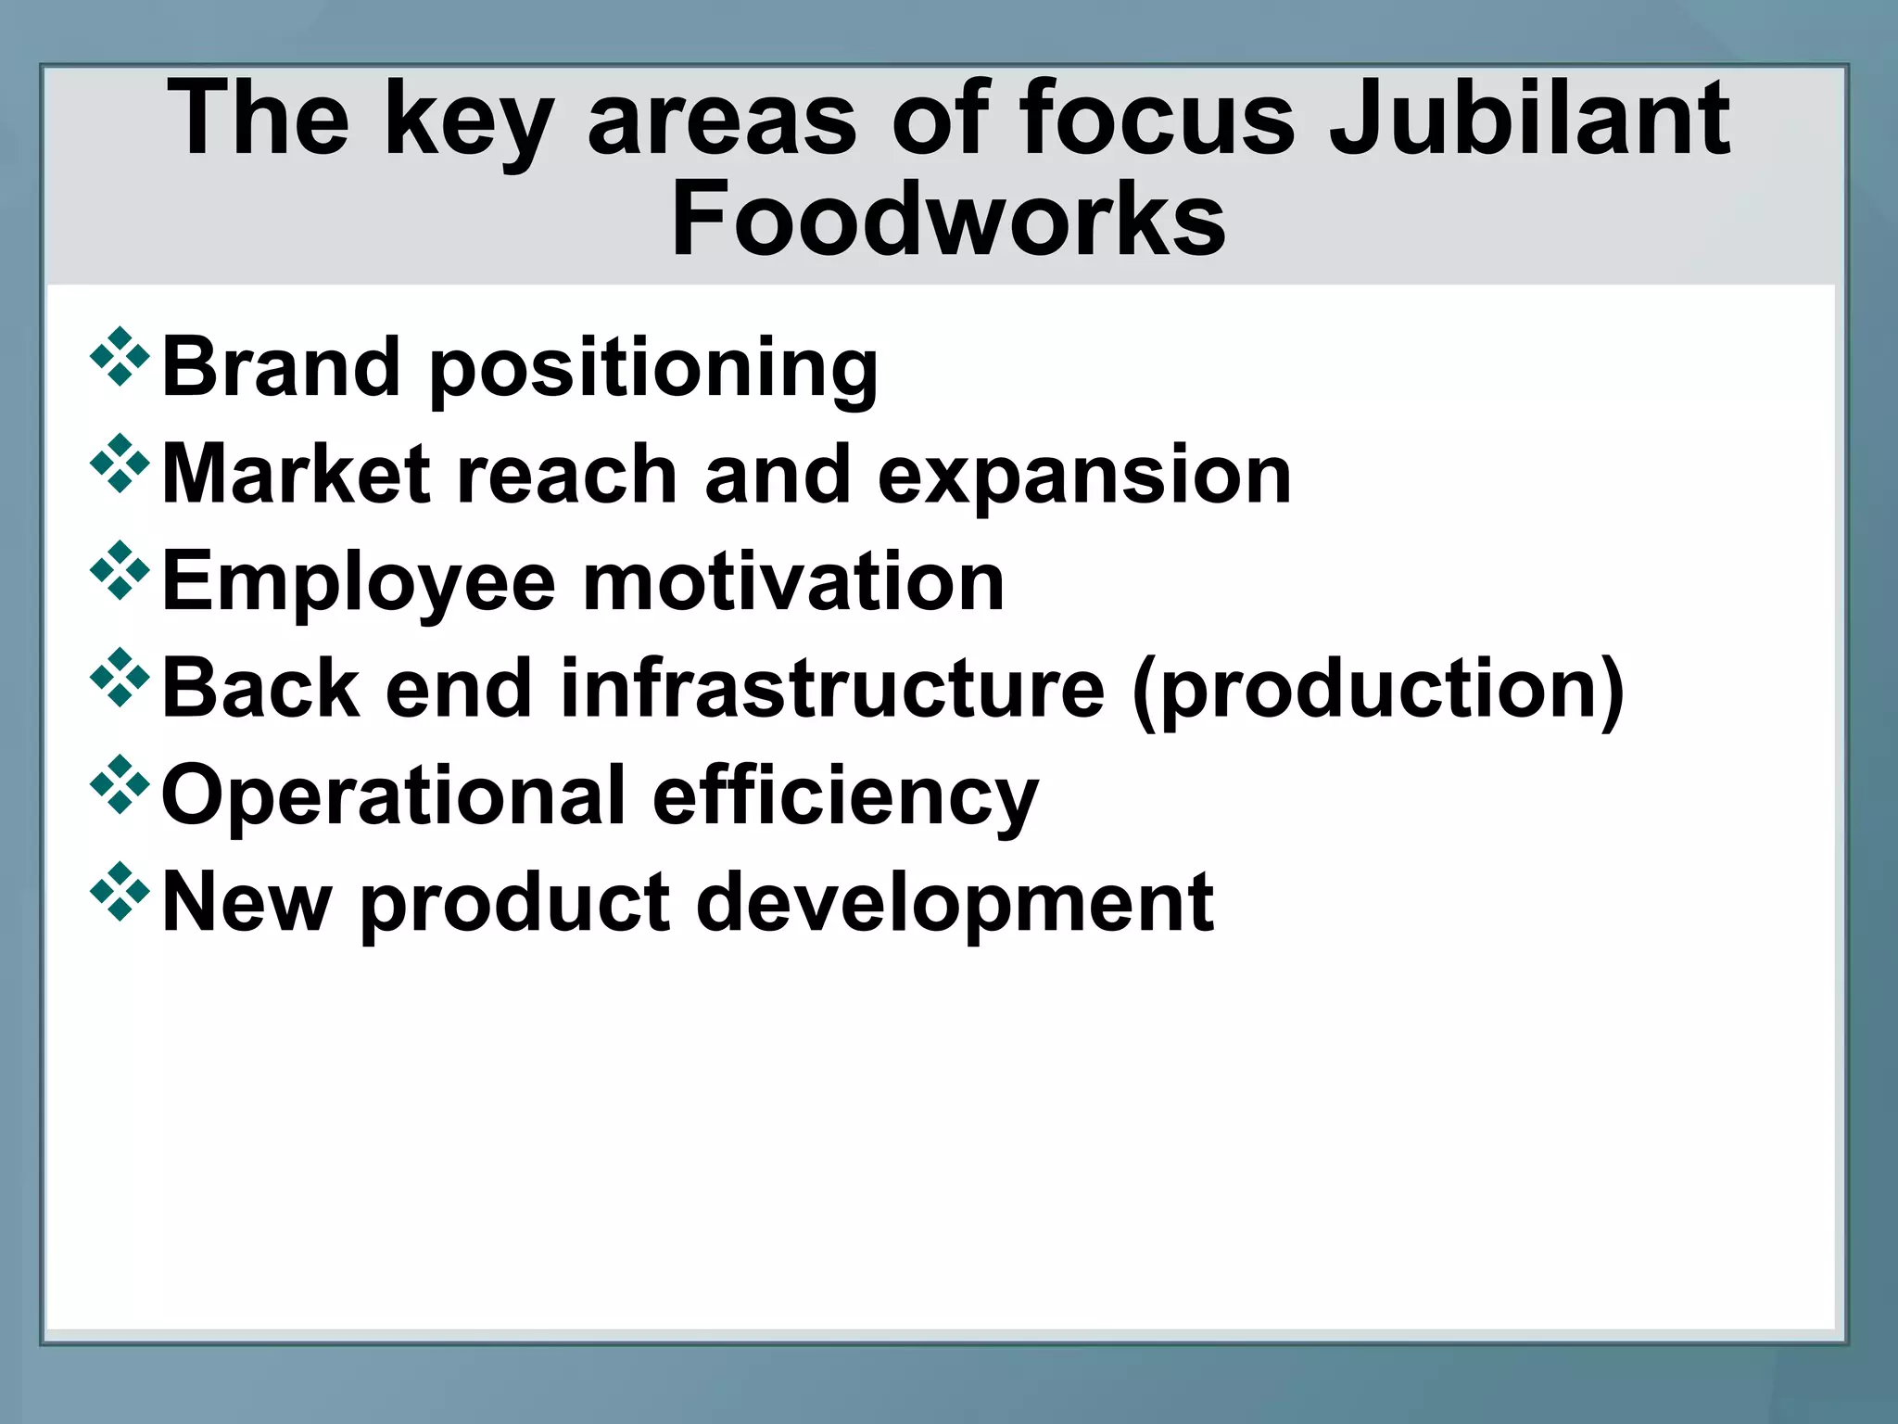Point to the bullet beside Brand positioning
pyautogui.click(x=120, y=357)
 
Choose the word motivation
pyautogui.click(x=793, y=581)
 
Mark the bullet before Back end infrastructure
pyautogui.click(x=120, y=678)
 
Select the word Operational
pyautogui.click(x=394, y=795)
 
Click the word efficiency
pyautogui.click(x=845, y=797)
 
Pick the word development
pyautogui.click(x=955, y=903)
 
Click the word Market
pyautogui.click(x=297, y=474)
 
